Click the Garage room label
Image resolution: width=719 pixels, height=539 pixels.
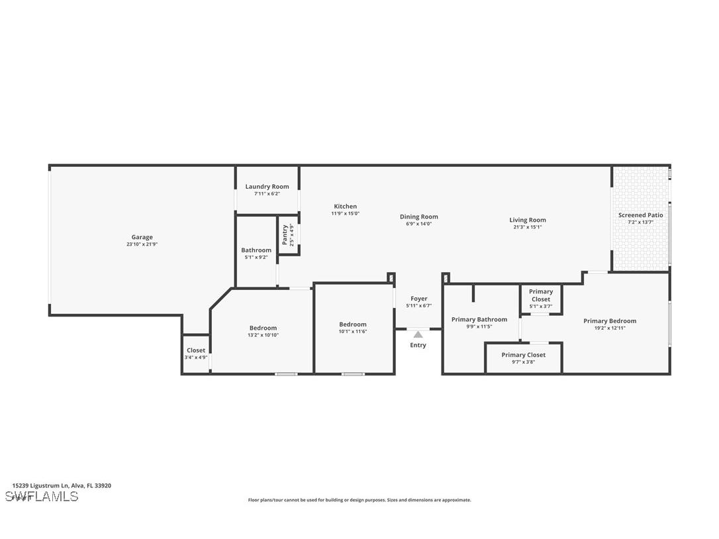pos(142,237)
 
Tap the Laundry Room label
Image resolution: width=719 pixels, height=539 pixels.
pos(267,187)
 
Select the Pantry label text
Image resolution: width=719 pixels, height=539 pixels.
pos(285,235)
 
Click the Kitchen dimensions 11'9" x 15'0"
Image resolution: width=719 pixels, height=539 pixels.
pos(345,214)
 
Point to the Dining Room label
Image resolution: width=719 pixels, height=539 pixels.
pos(418,217)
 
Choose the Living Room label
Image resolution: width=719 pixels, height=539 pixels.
pos(527,220)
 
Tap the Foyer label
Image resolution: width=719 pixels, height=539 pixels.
pos(418,299)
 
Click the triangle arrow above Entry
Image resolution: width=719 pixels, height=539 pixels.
pos(418,335)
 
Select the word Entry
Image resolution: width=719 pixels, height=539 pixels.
pos(418,345)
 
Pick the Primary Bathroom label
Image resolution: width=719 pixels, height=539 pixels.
pos(479,319)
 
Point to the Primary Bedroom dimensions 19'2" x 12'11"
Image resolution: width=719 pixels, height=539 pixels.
pos(609,328)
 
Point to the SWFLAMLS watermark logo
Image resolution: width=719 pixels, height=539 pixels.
pos(42,497)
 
